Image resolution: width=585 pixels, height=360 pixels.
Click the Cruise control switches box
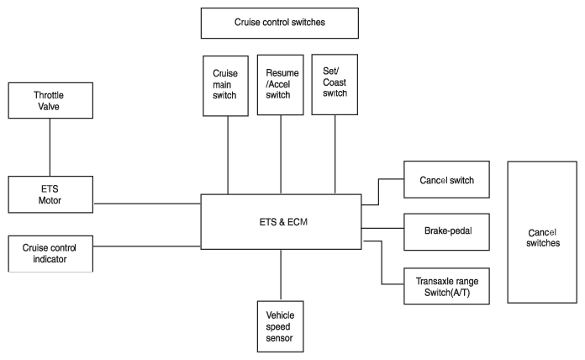click(280, 24)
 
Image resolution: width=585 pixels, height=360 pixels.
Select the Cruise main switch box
click(226, 86)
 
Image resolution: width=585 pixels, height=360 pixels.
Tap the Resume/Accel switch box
click(281, 85)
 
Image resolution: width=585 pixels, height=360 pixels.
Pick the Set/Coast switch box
click(335, 84)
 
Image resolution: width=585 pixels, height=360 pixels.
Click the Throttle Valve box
click(50, 100)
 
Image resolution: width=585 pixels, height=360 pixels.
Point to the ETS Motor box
click(50, 194)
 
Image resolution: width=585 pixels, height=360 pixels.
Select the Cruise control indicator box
click(50, 253)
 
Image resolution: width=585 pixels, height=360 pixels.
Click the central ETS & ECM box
click(282, 222)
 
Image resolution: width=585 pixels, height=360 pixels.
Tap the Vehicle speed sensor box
click(281, 326)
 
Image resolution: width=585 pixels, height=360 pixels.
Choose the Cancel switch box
click(446, 180)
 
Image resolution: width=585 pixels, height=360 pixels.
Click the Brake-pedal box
click(446, 232)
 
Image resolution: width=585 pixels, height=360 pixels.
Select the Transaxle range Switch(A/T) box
click(446, 286)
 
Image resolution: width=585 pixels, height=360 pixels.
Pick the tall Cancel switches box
click(542, 232)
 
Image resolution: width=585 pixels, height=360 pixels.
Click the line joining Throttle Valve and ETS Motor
click(50, 147)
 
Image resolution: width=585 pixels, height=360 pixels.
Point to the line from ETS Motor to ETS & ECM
click(147, 204)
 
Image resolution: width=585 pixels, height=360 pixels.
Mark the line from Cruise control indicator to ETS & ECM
click(147, 246)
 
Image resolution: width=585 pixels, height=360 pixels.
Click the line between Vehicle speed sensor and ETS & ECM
click(281, 275)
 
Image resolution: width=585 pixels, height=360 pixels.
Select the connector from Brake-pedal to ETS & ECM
click(382, 228)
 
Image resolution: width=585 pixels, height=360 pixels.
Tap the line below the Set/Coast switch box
click(335, 154)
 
